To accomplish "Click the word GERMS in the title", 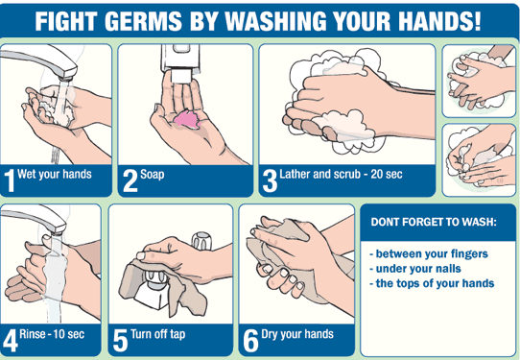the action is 143,21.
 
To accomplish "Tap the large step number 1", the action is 10,180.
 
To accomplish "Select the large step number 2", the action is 130,180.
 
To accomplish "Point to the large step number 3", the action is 270,180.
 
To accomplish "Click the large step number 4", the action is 10,341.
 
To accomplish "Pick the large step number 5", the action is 120,341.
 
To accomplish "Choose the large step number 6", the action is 250,341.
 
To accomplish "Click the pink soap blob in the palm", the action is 187,119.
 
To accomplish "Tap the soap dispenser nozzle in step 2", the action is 180,76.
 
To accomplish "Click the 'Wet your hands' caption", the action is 55,174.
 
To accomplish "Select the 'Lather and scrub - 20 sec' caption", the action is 341,174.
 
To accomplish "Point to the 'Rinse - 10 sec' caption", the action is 52,334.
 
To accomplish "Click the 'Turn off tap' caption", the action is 158,334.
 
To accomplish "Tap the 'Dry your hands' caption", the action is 297,334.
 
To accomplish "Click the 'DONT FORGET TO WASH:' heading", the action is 434,222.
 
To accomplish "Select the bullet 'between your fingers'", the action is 429,253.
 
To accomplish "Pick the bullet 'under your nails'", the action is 415,269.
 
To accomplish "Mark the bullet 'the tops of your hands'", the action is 432,283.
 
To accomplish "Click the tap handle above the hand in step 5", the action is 202,241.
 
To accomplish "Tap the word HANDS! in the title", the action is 439,21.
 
